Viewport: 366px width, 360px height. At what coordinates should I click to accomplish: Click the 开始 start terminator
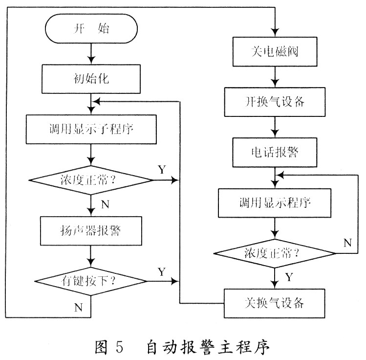pos(91,28)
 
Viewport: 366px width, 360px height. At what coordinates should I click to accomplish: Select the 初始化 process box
pos(91,79)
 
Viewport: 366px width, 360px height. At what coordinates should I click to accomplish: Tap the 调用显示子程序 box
pos(91,129)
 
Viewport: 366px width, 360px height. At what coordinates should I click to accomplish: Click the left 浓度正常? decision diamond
pos(91,180)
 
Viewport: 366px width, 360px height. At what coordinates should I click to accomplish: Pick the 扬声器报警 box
pos(91,231)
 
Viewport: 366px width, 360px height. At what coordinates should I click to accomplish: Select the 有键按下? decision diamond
pos(91,281)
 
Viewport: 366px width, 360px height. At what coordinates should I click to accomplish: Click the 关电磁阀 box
pos(275,52)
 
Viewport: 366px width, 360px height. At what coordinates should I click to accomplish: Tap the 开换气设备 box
pos(275,102)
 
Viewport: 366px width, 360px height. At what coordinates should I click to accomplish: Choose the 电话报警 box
pos(275,152)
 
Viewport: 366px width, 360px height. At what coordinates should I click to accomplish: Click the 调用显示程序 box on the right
pos(275,203)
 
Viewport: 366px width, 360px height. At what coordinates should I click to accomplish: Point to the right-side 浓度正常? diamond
pos(275,253)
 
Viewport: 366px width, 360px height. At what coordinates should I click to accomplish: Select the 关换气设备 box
pos(275,303)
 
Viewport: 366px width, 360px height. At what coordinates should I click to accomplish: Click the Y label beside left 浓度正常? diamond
pos(162,169)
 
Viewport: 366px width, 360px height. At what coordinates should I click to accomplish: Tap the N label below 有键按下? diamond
pos(78,308)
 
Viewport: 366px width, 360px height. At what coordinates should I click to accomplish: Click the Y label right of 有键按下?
pos(162,271)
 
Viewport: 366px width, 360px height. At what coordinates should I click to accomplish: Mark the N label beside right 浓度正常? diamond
pos(347,243)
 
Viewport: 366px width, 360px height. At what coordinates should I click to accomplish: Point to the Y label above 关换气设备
pos(289,277)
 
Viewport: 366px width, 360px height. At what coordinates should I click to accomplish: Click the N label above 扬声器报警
pos(105,204)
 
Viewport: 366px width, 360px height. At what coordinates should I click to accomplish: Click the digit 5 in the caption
pos(119,347)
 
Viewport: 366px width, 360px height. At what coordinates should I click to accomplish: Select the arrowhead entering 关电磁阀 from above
pos(275,33)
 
